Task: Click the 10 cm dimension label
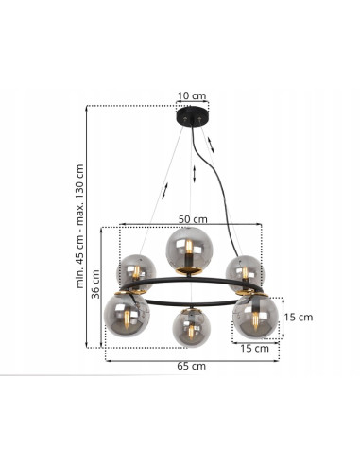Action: [192, 95]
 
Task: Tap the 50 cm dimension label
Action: [193, 219]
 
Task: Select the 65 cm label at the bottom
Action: [191, 366]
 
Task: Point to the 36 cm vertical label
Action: [95, 284]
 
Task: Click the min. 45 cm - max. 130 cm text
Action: [80, 226]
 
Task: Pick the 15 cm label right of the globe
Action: [299, 317]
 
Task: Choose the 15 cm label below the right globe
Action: [254, 349]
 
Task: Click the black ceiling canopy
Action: [193, 116]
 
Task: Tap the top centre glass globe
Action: [189, 250]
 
